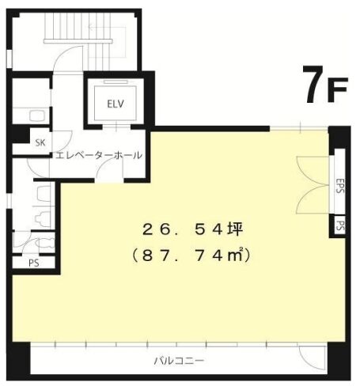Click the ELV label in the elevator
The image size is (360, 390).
pos(115,103)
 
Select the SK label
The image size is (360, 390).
pos(40,142)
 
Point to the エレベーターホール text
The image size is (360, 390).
pos(98,155)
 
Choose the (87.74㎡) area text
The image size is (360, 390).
pos(191,256)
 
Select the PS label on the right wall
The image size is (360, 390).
pos(339,225)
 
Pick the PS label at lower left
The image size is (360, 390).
pos(34,263)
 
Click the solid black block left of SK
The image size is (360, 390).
pos(17,142)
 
